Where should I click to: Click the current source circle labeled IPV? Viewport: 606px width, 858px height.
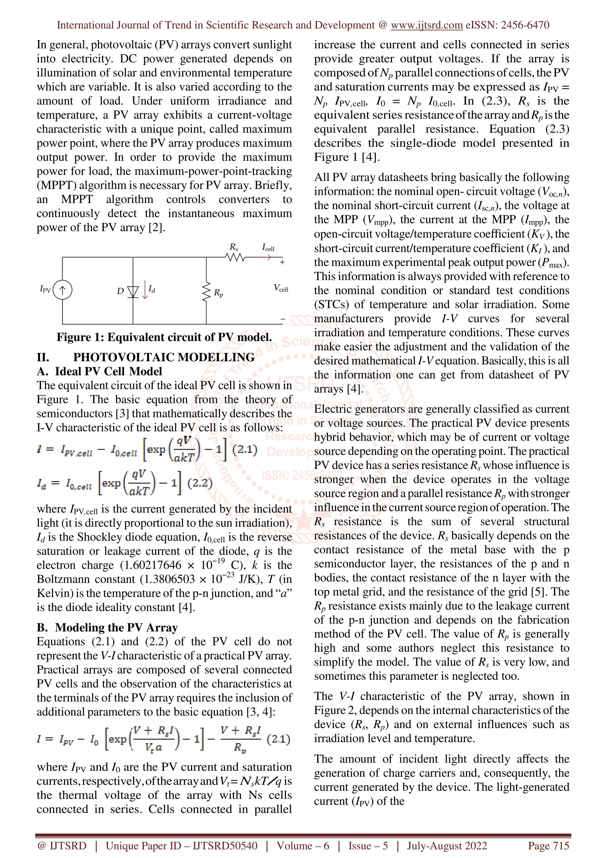pos(62,290)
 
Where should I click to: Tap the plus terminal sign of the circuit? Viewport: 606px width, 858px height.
pos(282,262)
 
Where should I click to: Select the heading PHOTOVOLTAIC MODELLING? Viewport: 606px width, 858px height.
pos(164,357)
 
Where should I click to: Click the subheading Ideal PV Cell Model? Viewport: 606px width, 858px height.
pos(108,372)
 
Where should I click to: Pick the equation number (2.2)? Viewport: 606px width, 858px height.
pos(200,483)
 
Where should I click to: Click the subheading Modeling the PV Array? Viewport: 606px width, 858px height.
pos(116,627)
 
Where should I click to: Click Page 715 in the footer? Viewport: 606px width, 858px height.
pos(548,846)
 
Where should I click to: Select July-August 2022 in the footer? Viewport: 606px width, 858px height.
pos(447,846)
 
